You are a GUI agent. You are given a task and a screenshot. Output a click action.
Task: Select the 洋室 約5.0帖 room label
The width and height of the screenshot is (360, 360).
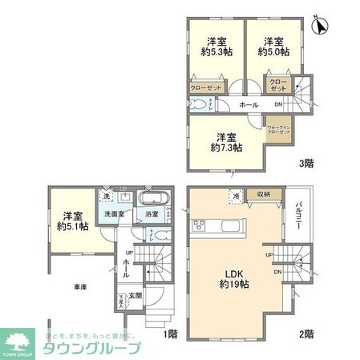272,47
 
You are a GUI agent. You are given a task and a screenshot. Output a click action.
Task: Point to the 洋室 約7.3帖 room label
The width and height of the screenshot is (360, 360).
229,143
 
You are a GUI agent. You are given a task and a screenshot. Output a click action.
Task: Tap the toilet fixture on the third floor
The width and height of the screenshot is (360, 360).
199,104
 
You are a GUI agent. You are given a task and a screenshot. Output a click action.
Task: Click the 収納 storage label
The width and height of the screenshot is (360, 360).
264,194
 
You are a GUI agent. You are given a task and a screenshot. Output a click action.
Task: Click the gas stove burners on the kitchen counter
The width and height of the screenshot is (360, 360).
197,224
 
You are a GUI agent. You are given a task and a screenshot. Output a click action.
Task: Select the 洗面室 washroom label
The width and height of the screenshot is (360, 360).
113,214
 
